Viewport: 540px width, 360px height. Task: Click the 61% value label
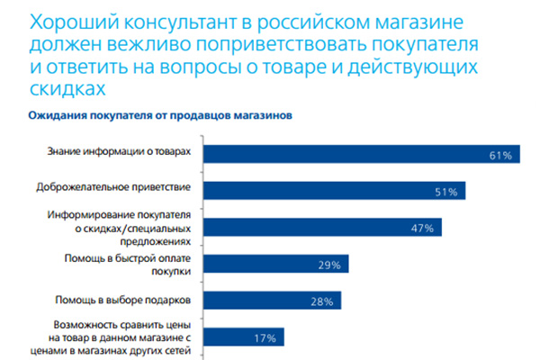pyautogui.click(x=501, y=155)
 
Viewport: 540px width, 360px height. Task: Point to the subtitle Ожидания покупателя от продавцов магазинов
pyautogui.click(x=160, y=115)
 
